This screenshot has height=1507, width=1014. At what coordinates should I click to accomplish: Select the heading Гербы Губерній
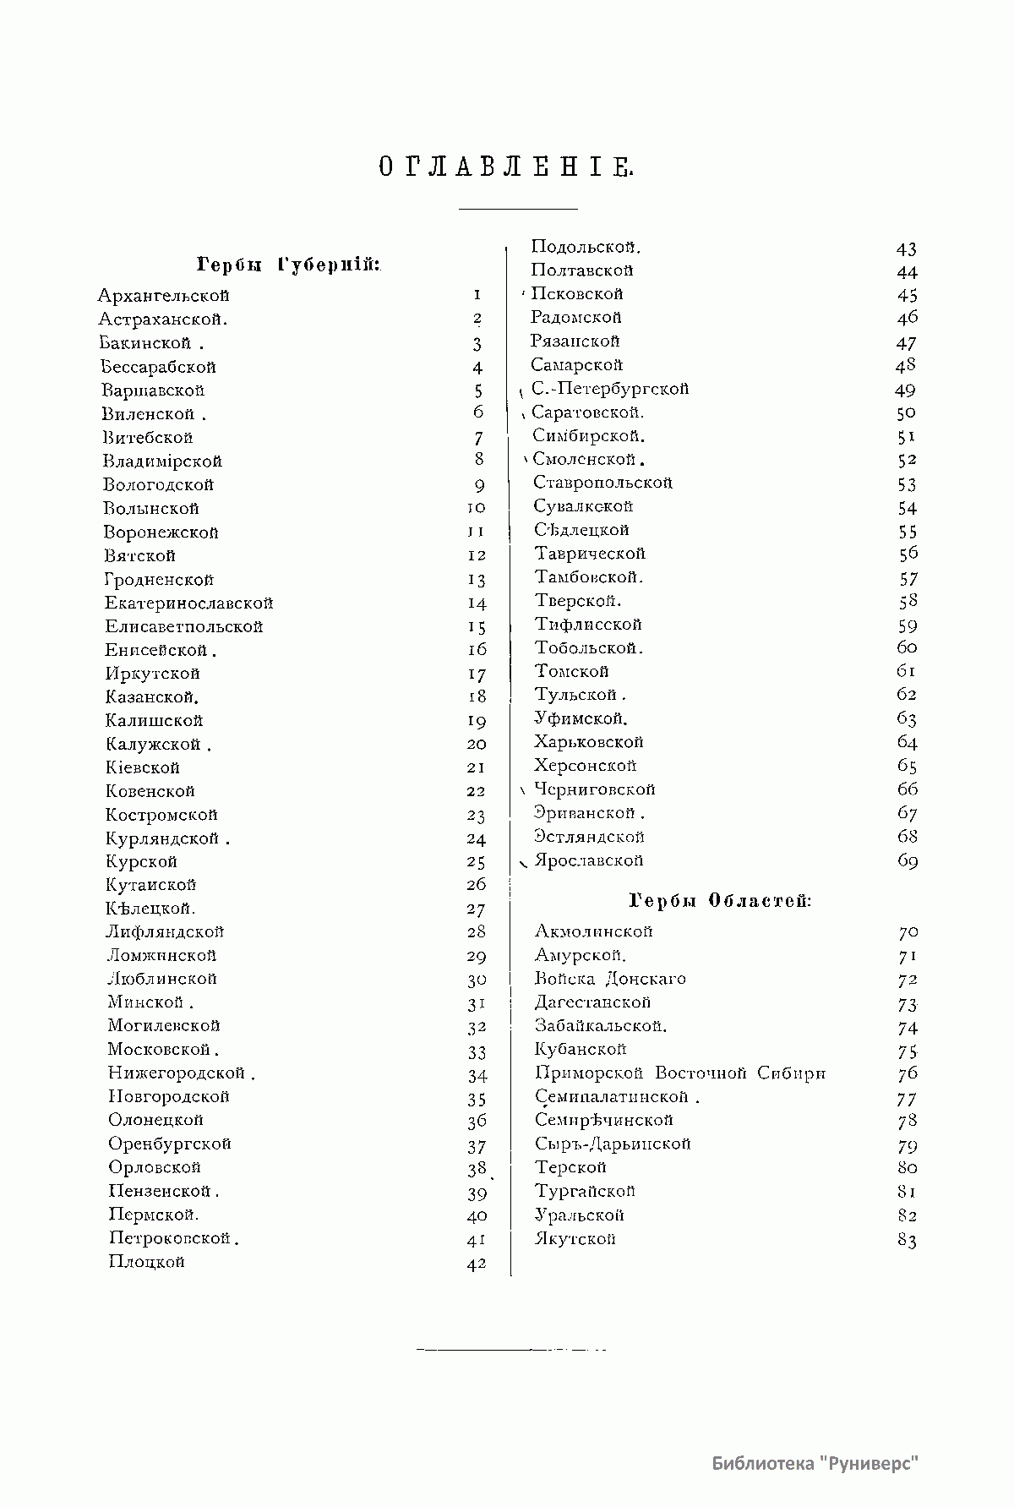pyautogui.click(x=288, y=265)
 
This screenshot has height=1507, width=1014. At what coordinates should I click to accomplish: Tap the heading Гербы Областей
pyautogui.click(x=721, y=901)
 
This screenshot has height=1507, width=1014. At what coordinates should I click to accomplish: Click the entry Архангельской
pyautogui.click(x=163, y=296)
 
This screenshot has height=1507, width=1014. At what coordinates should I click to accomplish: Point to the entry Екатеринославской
pyautogui.click(x=188, y=603)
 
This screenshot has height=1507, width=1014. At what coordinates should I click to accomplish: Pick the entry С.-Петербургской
pyautogui.click(x=610, y=389)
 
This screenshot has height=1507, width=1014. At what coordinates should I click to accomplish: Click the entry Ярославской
pyautogui.click(x=589, y=860)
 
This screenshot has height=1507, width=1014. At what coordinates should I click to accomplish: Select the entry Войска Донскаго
pyautogui.click(x=610, y=979)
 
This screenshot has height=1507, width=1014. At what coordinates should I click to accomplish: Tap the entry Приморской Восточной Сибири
pyautogui.click(x=680, y=1073)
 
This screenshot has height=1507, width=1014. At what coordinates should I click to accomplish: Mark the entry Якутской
pyautogui.click(x=575, y=1239)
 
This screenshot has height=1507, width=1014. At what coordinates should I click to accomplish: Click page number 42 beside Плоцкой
pyautogui.click(x=477, y=1264)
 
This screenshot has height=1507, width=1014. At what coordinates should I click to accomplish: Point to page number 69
pyautogui.click(x=908, y=861)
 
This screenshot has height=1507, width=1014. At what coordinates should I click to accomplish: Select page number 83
pyautogui.click(x=908, y=1241)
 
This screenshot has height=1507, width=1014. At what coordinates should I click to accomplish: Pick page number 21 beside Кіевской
pyautogui.click(x=477, y=767)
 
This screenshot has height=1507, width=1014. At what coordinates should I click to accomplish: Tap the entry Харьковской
pyautogui.click(x=589, y=742)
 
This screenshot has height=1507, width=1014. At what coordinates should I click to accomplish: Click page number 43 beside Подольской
pyautogui.click(x=907, y=249)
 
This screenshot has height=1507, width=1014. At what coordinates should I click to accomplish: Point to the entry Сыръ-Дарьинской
pyautogui.click(x=613, y=1144)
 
